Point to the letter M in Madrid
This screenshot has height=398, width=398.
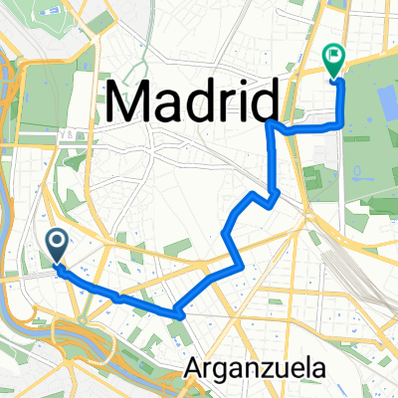pos(131,101)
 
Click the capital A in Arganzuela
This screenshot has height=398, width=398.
pos(193,369)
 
